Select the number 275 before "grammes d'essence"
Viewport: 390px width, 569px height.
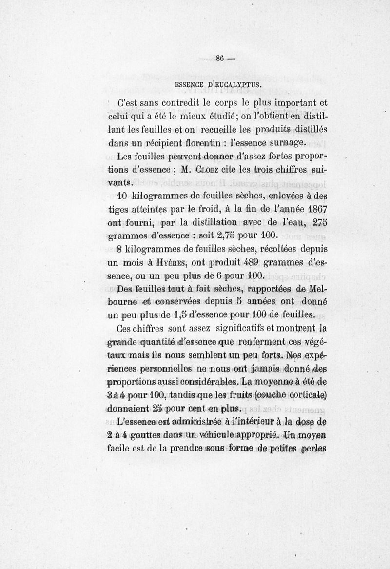[x=317, y=223]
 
